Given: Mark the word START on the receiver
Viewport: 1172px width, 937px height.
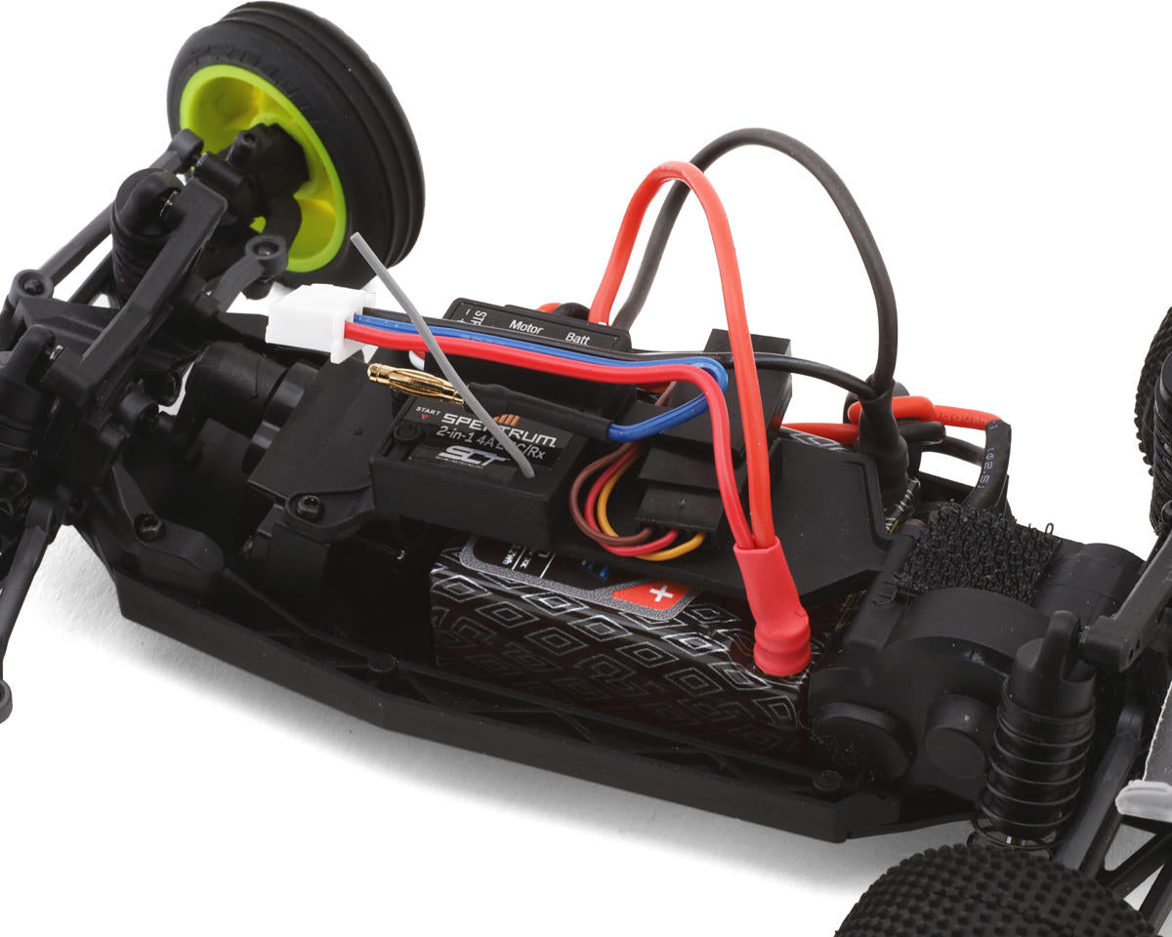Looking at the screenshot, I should point(428,410).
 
